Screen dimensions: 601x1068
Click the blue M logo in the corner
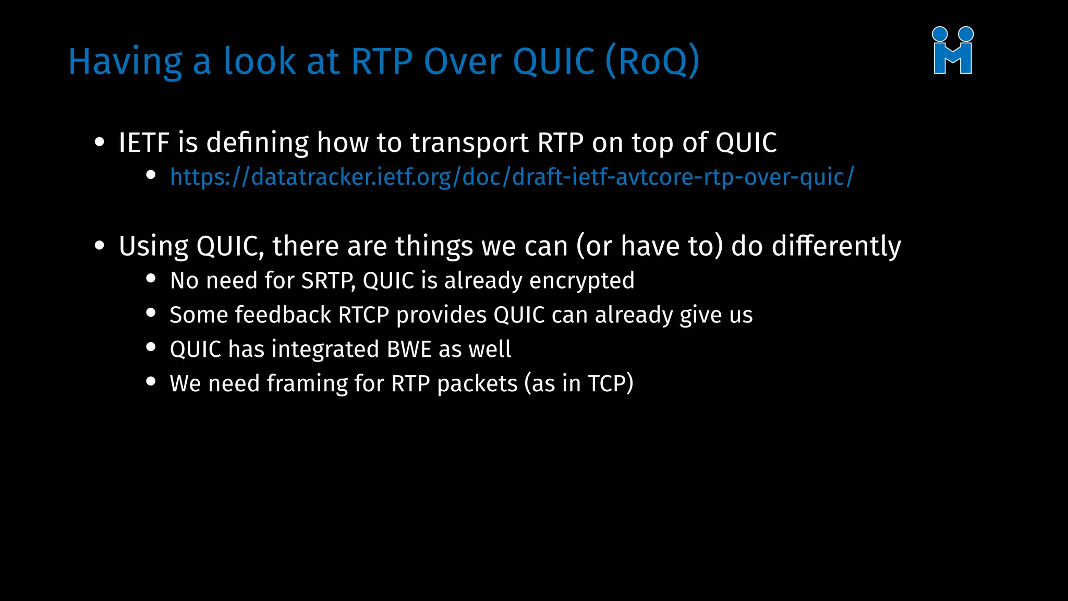(953, 51)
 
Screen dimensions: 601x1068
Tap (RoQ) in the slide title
(652, 62)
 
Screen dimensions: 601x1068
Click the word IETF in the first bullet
(144, 143)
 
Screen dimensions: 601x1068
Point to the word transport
(469, 143)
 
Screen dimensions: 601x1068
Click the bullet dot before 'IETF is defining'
(100, 142)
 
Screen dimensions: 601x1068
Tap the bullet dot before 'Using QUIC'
(100, 246)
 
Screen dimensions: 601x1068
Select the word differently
(836, 246)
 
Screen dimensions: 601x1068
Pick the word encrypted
(582, 281)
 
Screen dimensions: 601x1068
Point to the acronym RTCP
(363, 315)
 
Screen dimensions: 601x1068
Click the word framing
(307, 383)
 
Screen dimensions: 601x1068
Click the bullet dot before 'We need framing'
(151, 381)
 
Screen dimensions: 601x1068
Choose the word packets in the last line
(477, 384)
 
